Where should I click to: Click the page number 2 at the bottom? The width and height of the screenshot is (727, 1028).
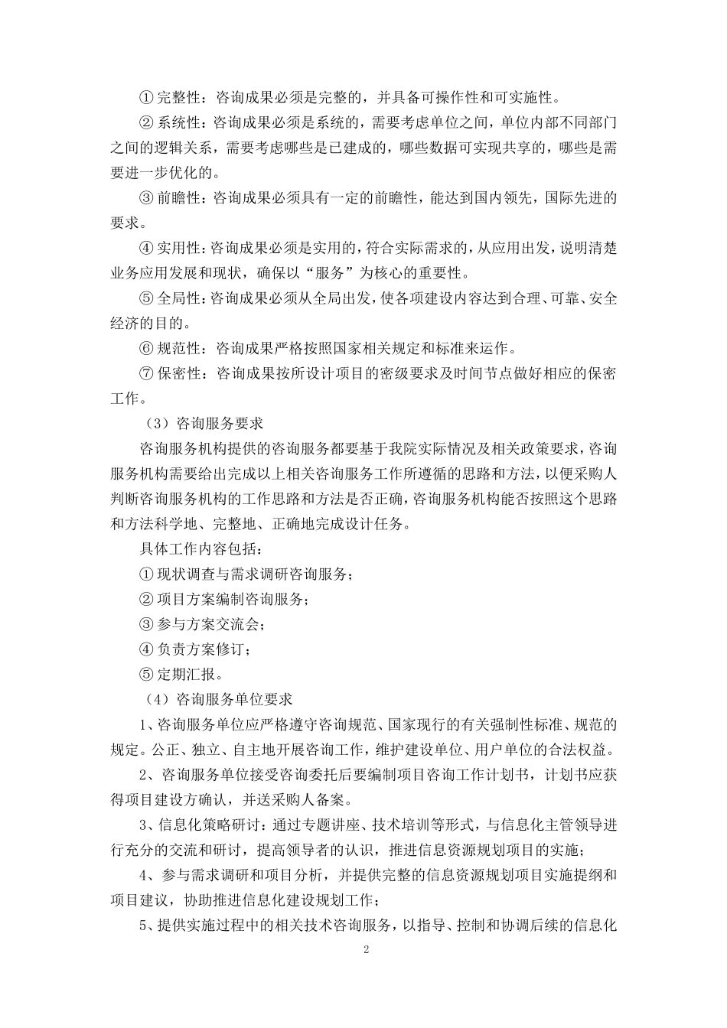click(x=366, y=950)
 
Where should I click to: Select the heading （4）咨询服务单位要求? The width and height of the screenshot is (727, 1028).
click(x=218, y=698)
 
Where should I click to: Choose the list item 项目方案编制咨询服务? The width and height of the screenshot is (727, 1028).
click(x=233, y=600)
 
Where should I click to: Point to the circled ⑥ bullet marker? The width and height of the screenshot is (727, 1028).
click(x=146, y=349)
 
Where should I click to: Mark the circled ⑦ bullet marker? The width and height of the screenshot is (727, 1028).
click(x=146, y=374)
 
